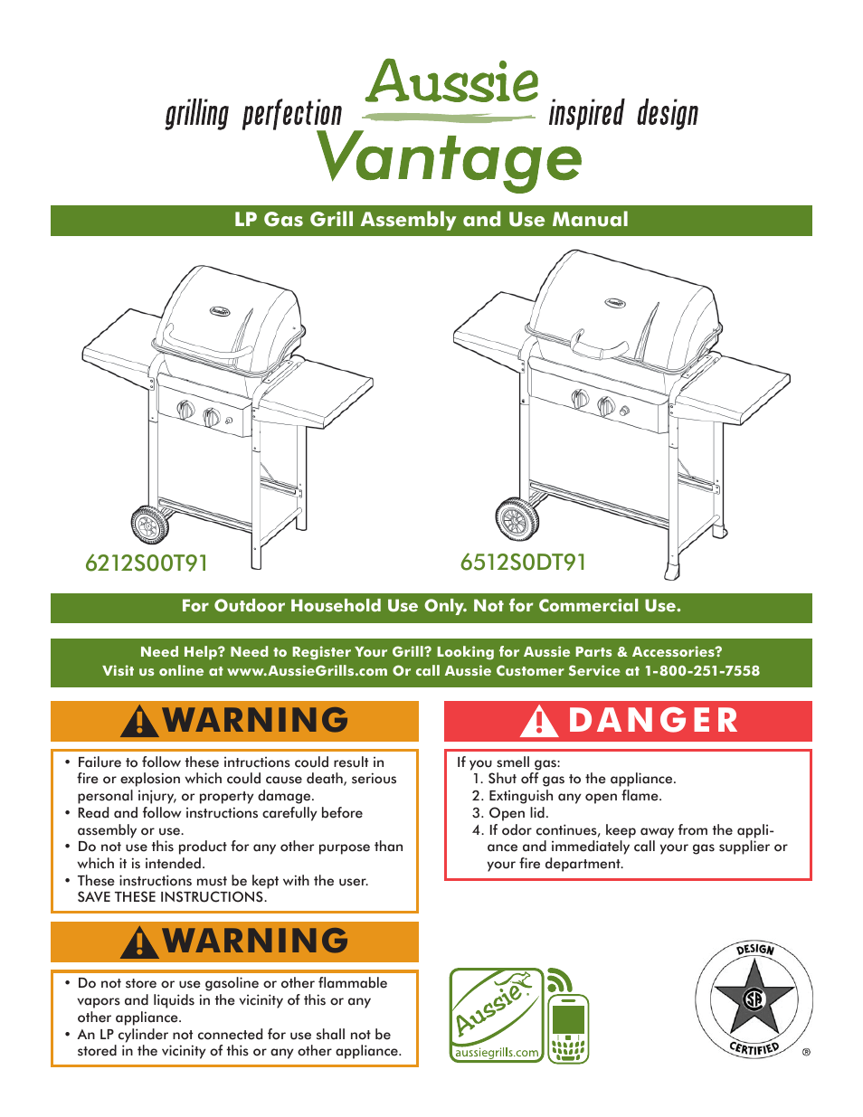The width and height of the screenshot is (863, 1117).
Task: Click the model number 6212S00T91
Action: click(147, 563)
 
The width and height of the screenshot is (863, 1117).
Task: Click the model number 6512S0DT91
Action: click(523, 563)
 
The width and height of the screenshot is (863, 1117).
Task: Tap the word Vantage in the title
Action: click(450, 158)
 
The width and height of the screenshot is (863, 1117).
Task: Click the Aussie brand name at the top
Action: click(452, 83)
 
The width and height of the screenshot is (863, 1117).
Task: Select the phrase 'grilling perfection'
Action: click(253, 115)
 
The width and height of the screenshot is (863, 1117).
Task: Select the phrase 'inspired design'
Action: click(623, 115)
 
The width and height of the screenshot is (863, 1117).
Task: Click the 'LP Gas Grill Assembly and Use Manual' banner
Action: click(431, 220)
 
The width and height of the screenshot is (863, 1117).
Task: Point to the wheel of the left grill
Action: click(149, 525)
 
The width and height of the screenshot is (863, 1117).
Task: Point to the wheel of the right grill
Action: click(517, 519)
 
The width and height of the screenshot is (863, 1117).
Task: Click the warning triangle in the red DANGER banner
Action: click(539, 722)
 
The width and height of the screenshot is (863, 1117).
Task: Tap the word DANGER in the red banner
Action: click(653, 721)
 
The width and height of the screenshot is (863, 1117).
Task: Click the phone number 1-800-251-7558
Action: click(702, 671)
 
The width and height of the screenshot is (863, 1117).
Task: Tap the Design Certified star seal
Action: click(754, 999)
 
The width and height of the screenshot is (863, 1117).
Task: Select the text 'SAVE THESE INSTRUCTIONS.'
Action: click(172, 897)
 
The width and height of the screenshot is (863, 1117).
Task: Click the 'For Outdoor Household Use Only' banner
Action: click(431, 606)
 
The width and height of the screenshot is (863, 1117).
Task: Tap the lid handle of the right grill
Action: click(599, 347)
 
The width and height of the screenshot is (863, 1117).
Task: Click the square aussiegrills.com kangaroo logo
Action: click(497, 1015)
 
